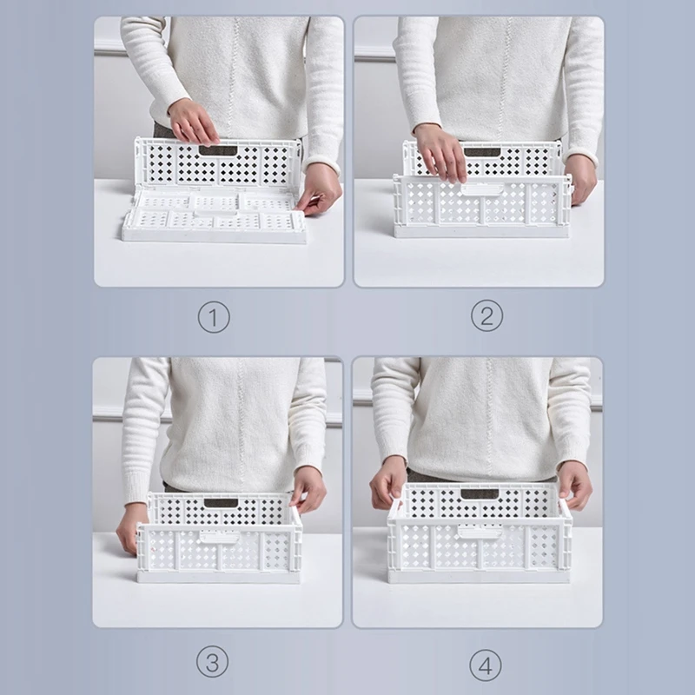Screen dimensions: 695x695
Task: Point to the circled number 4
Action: (486, 665)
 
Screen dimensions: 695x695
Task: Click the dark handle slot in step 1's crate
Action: (218, 150)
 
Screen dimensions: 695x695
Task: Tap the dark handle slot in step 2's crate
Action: (480, 152)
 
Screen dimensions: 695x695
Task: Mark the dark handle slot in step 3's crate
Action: (221, 503)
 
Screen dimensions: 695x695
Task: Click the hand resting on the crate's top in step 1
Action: (193, 122)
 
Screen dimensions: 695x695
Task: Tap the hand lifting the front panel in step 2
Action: (440, 152)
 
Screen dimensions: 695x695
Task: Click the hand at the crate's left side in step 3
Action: (131, 525)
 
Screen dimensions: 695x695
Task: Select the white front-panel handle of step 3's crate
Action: (217, 537)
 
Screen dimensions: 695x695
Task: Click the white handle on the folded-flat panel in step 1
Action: (215, 203)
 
